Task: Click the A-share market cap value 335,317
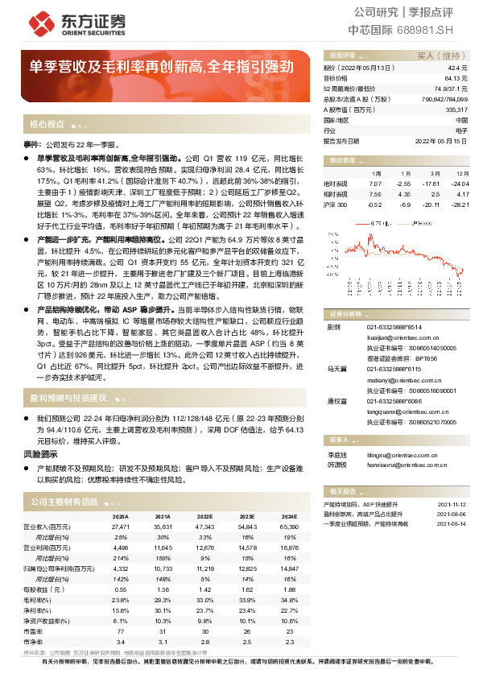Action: [x=456, y=109]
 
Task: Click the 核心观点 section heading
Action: [x=47, y=125]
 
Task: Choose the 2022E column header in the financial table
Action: [x=204, y=516]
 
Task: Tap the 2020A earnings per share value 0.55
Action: [x=121, y=590]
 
